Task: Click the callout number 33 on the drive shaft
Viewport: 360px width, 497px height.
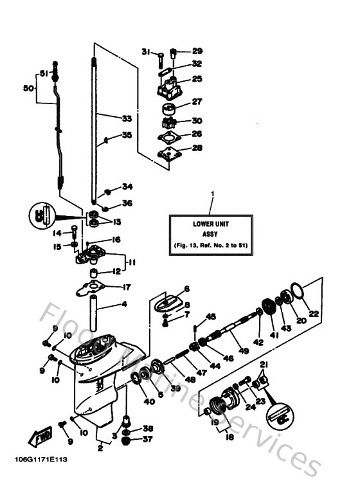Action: click(127, 118)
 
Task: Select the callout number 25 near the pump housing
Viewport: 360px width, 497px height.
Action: click(197, 78)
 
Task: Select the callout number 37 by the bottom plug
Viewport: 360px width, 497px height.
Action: click(148, 440)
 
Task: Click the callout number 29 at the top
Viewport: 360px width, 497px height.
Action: click(197, 51)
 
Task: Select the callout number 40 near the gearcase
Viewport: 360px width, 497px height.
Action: click(149, 402)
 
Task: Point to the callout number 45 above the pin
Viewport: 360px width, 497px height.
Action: click(212, 316)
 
